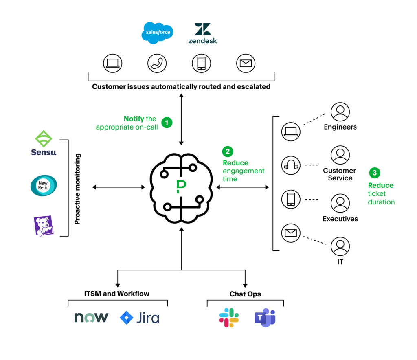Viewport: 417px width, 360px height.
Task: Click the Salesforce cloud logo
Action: tap(158, 33)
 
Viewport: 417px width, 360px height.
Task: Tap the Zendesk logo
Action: tap(202, 33)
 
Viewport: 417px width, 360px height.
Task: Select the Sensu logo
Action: tap(44, 143)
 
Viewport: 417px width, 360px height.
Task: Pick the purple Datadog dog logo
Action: tap(43, 226)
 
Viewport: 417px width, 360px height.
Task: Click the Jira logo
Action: tap(140, 318)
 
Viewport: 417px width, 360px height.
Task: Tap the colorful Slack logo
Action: tap(229, 318)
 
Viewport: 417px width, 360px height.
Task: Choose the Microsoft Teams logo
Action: tap(265, 318)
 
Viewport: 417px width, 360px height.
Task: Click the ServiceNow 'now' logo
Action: tap(91, 317)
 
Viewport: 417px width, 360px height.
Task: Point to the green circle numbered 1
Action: tap(166, 122)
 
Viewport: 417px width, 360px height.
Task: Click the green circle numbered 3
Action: tap(375, 173)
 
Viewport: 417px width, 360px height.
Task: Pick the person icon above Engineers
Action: tap(340, 112)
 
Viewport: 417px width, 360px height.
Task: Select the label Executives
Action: tap(340, 219)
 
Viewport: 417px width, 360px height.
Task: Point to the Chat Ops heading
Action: tap(245, 294)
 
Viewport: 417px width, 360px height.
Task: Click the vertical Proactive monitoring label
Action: tap(78, 189)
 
